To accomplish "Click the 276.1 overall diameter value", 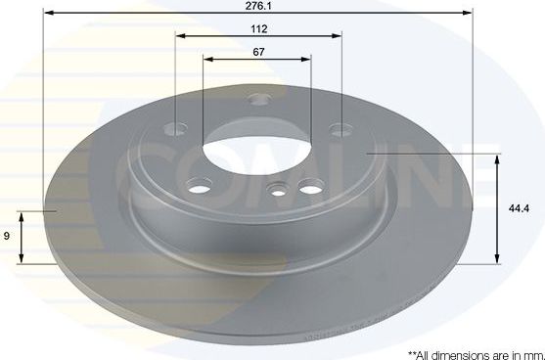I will tap(258, 7).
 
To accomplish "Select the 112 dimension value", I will tap(258, 29).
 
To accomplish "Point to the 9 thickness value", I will tap(8, 237).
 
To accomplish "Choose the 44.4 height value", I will tap(525, 207).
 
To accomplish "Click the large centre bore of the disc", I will tap(255, 157).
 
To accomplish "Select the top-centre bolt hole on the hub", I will tap(258, 99).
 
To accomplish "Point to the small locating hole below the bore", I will tap(279, 191).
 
